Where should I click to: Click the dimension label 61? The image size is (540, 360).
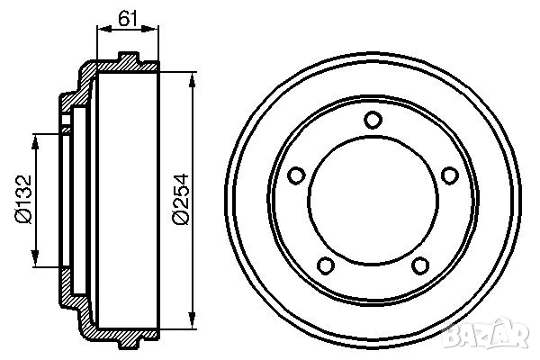tap(128, 18)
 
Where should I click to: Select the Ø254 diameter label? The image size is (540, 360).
tap(181, 200)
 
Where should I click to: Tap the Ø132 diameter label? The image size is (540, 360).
tap(23, 200)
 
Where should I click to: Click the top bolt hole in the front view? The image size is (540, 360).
tap(373, 120)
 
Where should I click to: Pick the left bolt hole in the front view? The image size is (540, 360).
tap(296, 175)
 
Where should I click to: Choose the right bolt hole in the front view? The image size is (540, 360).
tap(450, 175)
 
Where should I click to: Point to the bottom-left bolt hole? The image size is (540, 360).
tap(326, 265)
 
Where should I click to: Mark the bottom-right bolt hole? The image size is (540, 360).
tap(420, 265)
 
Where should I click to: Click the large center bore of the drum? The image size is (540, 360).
tap(373, 201)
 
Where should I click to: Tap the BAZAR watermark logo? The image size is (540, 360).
tap(486, 334)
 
